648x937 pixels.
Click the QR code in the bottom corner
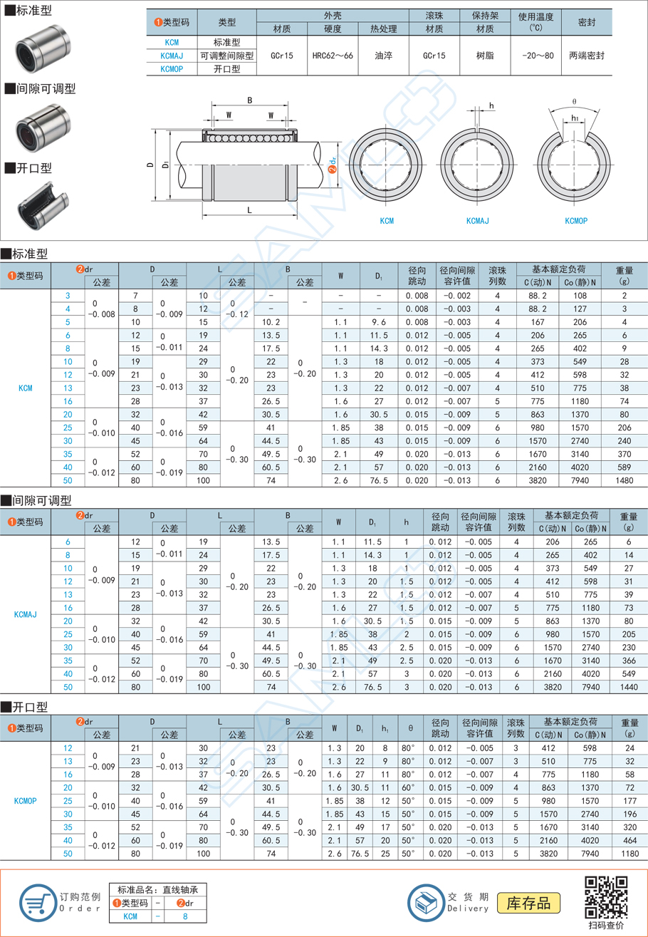pos(606,896)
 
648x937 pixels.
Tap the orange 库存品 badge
pos(528,903)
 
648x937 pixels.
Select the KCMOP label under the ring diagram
pos(575,221)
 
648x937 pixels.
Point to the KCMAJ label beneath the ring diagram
pos(477,221)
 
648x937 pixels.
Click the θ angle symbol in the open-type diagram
pos(575,102)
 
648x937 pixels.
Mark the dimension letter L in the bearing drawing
pos(249,210)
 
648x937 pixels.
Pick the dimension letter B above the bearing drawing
pos(249,100)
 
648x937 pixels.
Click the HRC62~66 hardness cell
pos(332,54)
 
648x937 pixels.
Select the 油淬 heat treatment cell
pos(383,54)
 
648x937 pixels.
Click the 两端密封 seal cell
pos(587,54)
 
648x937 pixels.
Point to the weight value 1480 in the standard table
pos(625,482)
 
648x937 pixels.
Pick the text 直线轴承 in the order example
pos(190,889)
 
